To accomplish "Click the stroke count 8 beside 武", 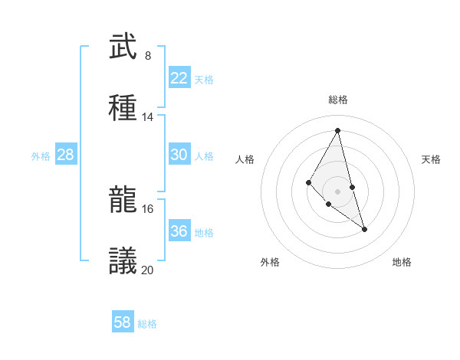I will pyautogui.click(x=148, y=56).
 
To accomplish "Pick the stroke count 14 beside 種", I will pyautogui.click(x=148, y=117).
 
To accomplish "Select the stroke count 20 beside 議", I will pyautogui.click(x=148, y=270).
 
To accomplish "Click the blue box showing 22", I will pyautogui.click(x=179, y=78).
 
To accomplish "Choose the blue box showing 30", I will pyautogui.click(x=179, y=155).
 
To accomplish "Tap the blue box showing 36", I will pyautogui.click(x=179, y=231).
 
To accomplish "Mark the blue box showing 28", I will pyautogui.click(x=66, y=155).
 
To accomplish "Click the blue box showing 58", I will pyautogui.click(x=123, y=322).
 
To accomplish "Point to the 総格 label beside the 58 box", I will pyautogui.click(x=147, y=324).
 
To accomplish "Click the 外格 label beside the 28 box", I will pyautogui.click(x=41, y=156).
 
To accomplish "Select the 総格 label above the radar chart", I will pyautogui.click(x=338, y=100).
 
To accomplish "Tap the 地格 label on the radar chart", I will pyautogui.click(x=402, y=263).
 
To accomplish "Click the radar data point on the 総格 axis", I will pyautogui.click(x=338, y=130).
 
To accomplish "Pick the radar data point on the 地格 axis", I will pyautogui.click(x=364, y=229).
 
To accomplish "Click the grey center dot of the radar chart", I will pyautogui.click(x=338, y=191).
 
